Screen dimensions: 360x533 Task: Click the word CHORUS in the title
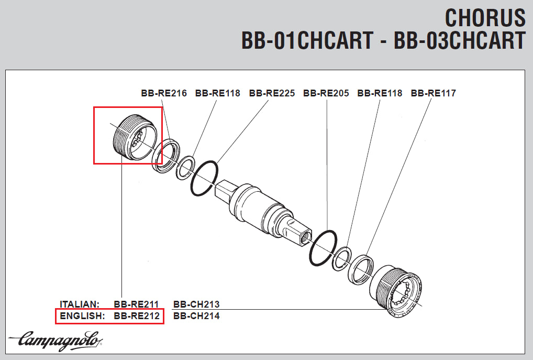click(x=485, y=18)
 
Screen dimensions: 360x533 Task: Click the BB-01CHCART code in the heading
click(x=307, y=40)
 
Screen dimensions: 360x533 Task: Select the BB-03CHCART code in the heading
click(x=459, y=40)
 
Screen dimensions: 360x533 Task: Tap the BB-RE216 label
click(x=163, y=93)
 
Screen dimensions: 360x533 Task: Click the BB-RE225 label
click(x=272, y=93)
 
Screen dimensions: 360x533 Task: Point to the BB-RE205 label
click(x=326, y=93)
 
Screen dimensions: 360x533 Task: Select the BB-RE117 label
click(x=433, y=93)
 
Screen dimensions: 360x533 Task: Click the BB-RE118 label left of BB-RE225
click(x=217, y=93)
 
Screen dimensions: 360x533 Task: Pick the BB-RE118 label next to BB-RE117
click(x=380, y=93)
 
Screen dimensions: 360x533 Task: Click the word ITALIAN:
click(x=80, y=304)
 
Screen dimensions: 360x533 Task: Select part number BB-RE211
click(x=136, y=304)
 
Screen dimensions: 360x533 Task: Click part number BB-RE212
click(x=136, y=316)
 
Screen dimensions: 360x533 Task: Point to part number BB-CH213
click(x=196, y=304)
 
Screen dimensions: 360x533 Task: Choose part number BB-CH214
click(x=196, y=316)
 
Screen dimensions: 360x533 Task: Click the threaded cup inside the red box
click(x=133, y=137)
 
